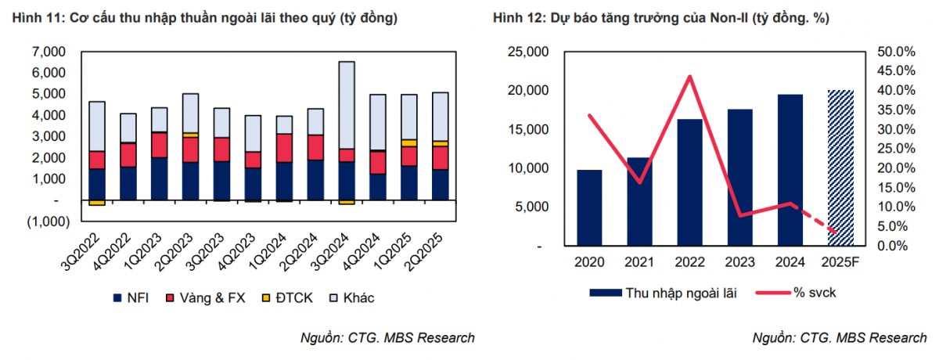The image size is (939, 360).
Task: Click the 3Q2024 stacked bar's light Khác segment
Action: [x=347, y=105]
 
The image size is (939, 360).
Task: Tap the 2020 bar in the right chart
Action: [x=590, y=207]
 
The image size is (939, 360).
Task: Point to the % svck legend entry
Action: [x=790, y=293]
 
